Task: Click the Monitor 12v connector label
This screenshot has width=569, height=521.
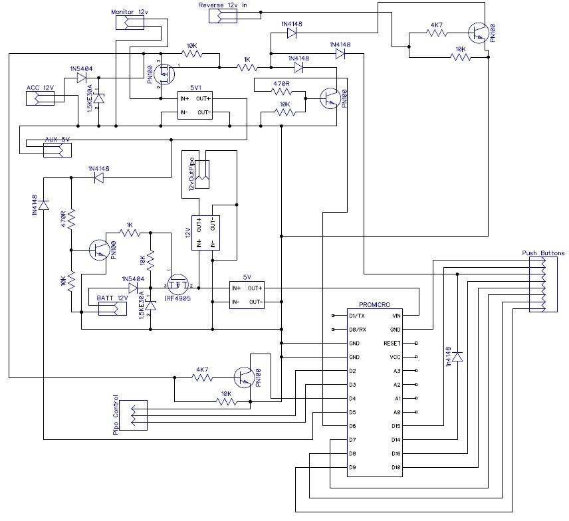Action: (x=129, y=12)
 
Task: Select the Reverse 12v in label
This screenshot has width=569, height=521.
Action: (x=227, y=5)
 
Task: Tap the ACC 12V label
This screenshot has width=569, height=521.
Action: (x=40, y=88)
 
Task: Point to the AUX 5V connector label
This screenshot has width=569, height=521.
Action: (x=57, y=140)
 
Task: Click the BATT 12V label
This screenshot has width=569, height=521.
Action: (x=112, y=298)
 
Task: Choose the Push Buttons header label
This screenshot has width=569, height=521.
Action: (x=543, y=253)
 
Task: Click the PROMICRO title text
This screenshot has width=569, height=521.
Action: (x=372, y=303)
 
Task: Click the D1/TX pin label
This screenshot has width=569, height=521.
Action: (x=357, y=316)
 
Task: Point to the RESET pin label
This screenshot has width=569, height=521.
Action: (x=392, y=344)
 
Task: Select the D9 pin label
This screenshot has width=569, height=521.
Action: (x=352, y=468)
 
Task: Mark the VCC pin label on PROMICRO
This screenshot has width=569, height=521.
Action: (x=395, y=358)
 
